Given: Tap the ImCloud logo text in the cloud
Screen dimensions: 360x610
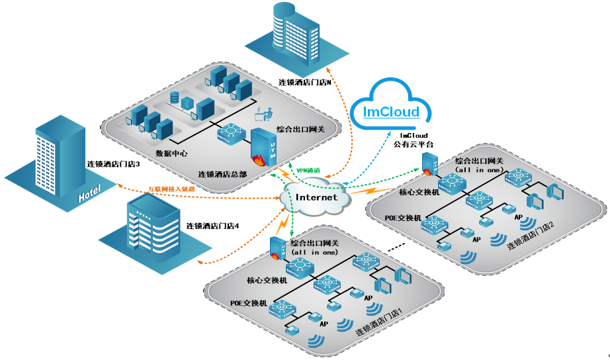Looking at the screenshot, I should pyautogui.click(x=392, y=111).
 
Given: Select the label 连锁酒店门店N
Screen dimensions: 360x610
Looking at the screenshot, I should pyautogui.click(x=304, y=83).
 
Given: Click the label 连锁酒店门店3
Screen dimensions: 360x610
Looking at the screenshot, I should pyautogui.click(x=113, y=163).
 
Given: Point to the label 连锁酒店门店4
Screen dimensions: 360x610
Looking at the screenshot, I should pyautogui.click(x=212, y=226).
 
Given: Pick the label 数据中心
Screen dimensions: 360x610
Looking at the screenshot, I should pyautogui.click(x=171, y=153).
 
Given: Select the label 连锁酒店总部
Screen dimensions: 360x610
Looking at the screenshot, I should pyautogui.click(x=222, y=175).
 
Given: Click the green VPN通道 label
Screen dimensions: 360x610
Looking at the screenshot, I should pyautogui.click(x=308, y=171).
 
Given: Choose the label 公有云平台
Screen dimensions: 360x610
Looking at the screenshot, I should pyautogui.click(x=414, y=144).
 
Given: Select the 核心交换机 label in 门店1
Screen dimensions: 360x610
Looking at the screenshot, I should pyautogui.click(x=267, y=280).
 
